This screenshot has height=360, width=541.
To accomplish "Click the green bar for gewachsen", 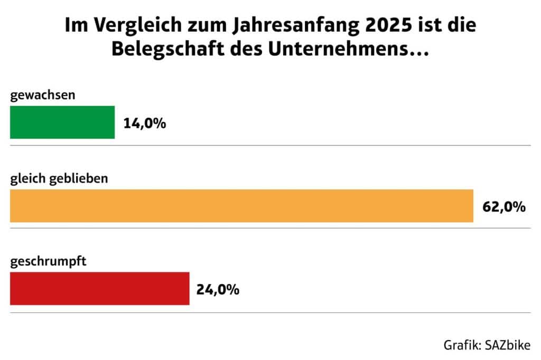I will (62, 122).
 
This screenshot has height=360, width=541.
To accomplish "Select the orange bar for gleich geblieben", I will (241, 205).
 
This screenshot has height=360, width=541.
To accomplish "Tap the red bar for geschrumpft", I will (99, 288).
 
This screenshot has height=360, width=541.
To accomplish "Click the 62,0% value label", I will (504, 206).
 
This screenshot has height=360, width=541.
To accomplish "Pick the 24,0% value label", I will (218, 289).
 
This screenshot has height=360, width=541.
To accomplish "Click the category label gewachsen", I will (43, 96).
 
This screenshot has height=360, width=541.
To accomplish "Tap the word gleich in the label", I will (26, 179).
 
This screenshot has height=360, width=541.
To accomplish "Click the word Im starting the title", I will (73, 26).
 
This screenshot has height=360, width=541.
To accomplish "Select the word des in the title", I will (248, 50).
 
